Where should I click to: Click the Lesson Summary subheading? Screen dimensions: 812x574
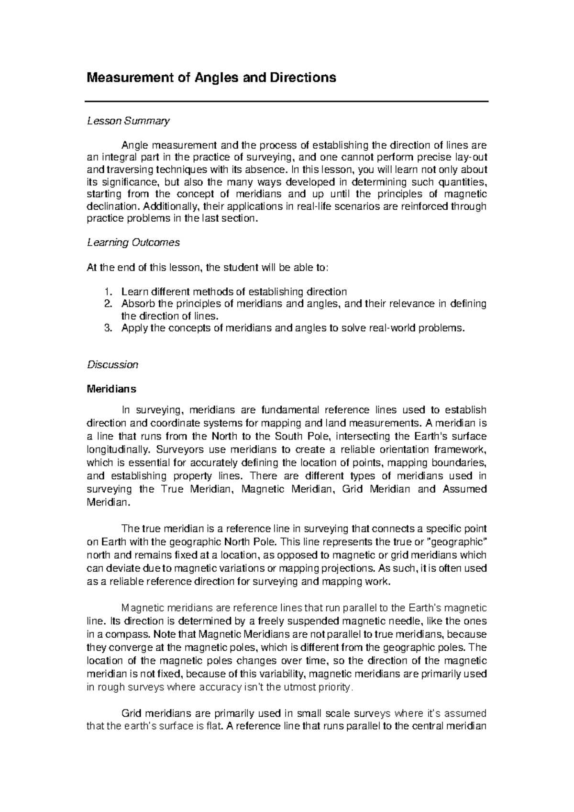[x=128, y=121]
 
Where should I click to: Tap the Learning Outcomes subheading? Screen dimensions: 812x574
[x=133, y=243]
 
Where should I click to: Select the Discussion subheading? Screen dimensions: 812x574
[x=112, y=365]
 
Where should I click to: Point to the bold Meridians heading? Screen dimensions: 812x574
[x=111, y=389]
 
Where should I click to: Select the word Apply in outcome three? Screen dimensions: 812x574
[x=134, y=328]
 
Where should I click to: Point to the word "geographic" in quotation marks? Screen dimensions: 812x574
[x=457, y=542]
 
